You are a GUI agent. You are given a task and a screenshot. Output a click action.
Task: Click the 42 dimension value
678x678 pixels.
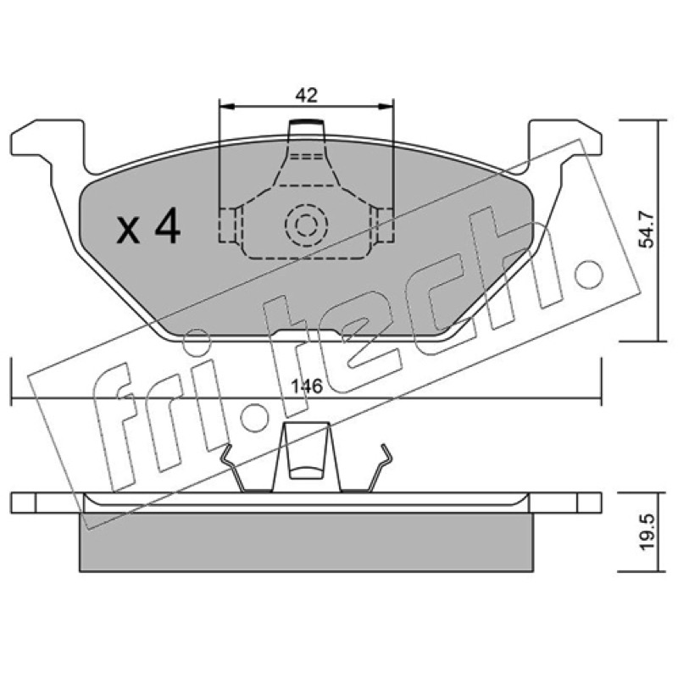click(307, 96)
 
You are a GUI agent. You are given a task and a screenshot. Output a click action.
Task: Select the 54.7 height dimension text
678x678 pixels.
click(647, 231)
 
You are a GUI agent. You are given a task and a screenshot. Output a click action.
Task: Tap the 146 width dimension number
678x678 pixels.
click(307, 386)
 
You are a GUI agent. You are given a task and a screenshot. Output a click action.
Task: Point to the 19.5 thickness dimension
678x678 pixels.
click(647, 532)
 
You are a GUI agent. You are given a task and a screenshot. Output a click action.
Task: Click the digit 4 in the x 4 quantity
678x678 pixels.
click(168, 225)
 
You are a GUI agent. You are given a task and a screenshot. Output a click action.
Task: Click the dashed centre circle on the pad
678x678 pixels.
click(306, 225)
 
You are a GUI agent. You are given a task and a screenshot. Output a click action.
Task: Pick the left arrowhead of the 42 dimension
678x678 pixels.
click(226, 107)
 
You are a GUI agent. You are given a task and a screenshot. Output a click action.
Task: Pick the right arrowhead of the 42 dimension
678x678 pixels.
click(386, 107)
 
